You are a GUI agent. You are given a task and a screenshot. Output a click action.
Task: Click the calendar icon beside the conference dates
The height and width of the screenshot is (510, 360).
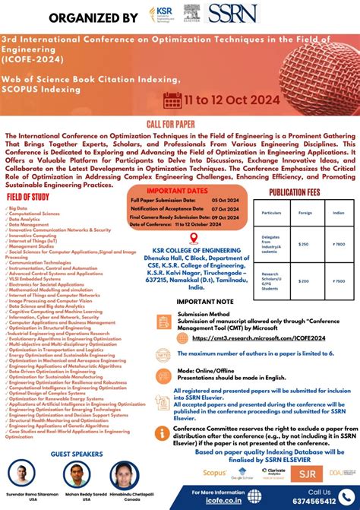171,99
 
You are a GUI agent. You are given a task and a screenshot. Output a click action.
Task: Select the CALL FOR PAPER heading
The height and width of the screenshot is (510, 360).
179,124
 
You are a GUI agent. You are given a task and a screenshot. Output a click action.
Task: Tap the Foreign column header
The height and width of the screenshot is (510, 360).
305,214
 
